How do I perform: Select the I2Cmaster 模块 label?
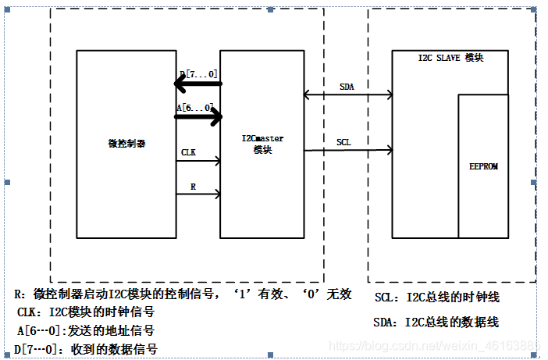coord(262,144)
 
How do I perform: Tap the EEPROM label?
coord(483,167)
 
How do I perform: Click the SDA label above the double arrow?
coord(346,87)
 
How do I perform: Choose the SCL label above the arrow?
coord(343,141)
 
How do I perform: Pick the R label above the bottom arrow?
coord(192,187)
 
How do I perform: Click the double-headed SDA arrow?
coord(348,95)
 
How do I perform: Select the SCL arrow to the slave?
coord(348,149)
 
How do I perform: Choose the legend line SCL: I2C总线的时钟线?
coord(436,298)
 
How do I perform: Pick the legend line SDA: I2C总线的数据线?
coord(436,322)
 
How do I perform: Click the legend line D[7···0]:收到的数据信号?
coord(87,349)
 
